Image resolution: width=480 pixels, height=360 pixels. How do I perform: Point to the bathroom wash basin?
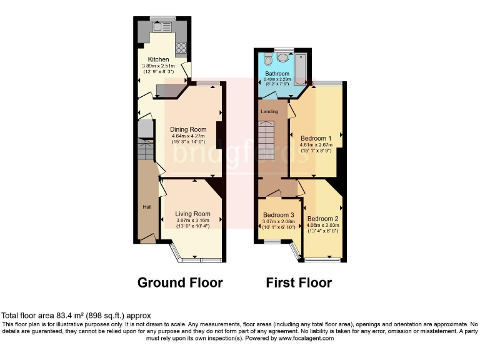pos(282,57)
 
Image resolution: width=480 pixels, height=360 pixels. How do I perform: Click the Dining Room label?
pos(189,130)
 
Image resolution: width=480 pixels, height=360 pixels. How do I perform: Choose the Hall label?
pos(147,207)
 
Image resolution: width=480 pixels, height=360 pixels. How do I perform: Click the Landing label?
pos(269,112)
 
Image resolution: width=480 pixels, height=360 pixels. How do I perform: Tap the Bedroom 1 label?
pos(316,138)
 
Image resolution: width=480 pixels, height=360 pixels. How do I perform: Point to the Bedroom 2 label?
pos(322,218)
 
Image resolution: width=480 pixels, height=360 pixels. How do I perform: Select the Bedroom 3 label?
pos(279,214)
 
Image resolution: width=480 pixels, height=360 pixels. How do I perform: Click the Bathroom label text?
pos(277,74)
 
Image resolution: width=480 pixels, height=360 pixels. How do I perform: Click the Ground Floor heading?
pos(180,282)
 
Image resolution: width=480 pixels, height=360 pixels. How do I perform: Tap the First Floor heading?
pos(299,282)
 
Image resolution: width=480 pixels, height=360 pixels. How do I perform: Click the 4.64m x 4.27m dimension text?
pos(189,136)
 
